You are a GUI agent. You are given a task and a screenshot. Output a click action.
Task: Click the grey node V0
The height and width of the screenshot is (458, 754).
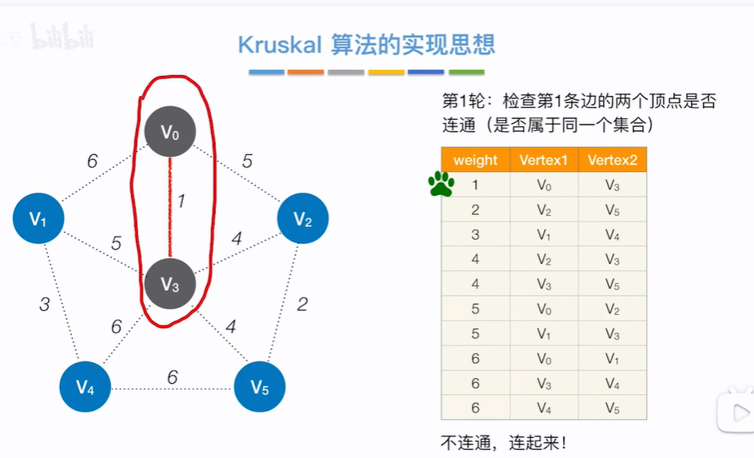170,131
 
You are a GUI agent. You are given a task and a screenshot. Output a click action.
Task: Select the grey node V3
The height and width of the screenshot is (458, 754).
170,283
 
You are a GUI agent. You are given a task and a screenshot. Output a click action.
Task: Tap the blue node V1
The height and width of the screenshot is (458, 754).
38,217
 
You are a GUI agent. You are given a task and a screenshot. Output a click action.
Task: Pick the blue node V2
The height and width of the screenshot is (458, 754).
302,218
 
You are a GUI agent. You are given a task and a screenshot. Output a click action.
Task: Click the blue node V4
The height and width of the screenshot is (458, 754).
85,388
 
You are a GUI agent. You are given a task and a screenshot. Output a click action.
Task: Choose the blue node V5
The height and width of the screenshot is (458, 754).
259,388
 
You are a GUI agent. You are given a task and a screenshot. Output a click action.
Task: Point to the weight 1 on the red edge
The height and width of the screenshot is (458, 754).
182,201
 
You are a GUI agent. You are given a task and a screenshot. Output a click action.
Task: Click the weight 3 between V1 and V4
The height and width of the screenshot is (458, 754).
46,304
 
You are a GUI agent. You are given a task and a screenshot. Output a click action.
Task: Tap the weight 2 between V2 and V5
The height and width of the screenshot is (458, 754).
302,304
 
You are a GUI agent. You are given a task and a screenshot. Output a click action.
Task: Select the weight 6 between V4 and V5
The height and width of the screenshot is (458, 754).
172,377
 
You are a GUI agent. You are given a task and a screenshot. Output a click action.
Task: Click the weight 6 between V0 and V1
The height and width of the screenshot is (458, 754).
93,161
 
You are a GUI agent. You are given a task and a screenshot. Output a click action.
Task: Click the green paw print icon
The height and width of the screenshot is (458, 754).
441,185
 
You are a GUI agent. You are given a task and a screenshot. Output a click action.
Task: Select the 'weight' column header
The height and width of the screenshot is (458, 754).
475,160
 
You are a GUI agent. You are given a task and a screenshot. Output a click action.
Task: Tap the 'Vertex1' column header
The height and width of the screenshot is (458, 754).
543,160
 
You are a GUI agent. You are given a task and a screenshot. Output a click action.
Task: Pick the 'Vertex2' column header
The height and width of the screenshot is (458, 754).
612,160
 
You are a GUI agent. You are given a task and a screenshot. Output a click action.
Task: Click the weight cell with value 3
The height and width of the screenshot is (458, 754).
475,235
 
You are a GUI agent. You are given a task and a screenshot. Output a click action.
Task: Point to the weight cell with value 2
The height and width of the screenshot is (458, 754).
475,210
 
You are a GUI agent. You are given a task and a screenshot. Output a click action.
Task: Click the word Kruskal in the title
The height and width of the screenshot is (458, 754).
280,44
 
